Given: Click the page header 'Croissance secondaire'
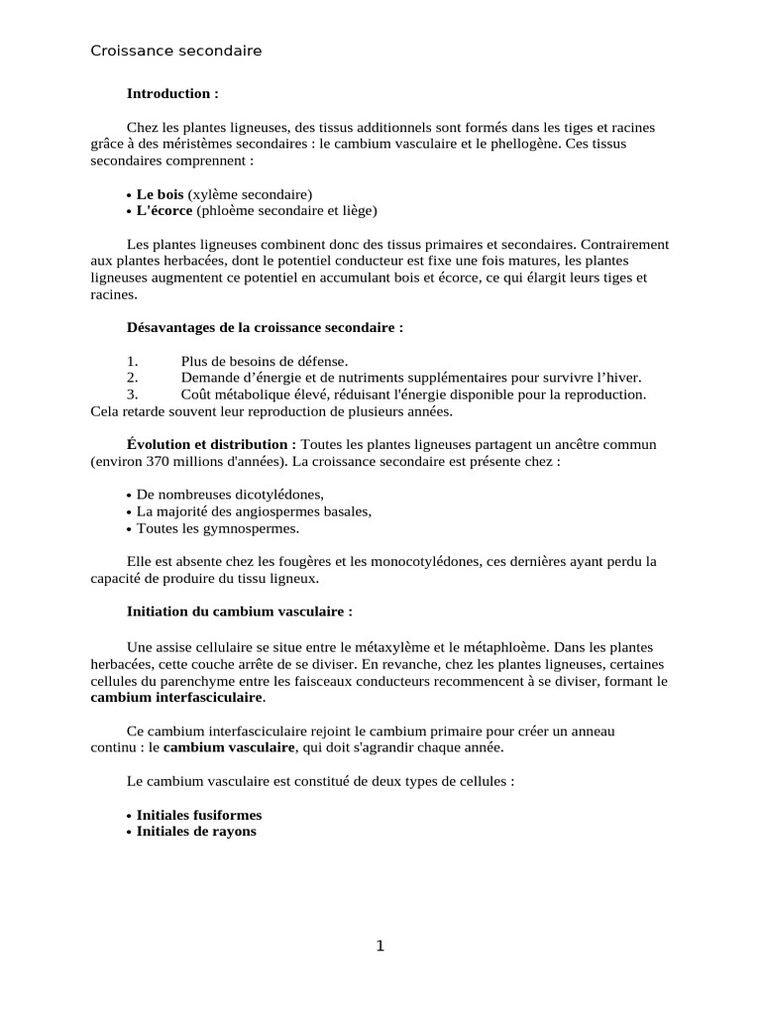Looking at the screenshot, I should click(x=176, y=51).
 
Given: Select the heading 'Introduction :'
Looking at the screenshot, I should click(x=172, y=93).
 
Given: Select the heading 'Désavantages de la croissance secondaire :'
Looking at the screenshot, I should click(x=266, y=327).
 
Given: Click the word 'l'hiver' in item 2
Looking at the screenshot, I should click(x=619, y=377).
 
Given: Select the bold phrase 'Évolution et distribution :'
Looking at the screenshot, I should click(x=212, y=444).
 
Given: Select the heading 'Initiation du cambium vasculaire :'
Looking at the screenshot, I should click(x=240, y=612).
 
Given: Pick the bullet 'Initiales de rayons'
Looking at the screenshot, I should click(x=196, y=831).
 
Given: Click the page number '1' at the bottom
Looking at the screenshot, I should click(x=380, y=946).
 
